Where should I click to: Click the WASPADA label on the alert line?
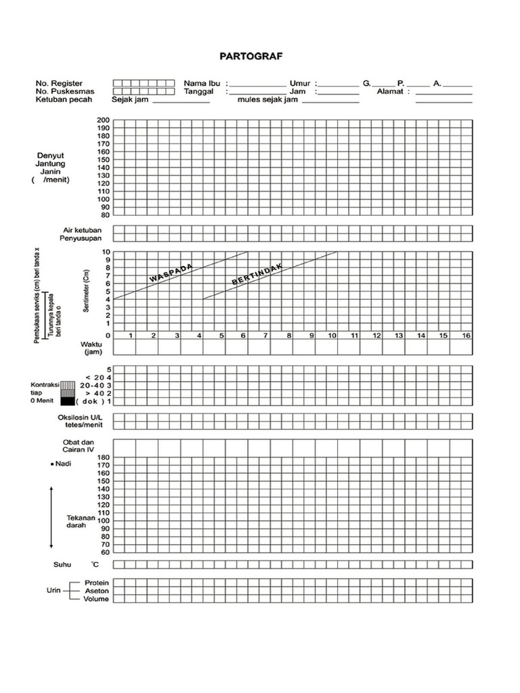171,273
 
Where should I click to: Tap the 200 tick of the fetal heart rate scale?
103,120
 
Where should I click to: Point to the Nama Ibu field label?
199,83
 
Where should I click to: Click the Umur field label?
299,83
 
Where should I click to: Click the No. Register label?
60,83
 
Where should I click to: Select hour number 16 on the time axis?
466,336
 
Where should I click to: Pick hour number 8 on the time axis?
289,336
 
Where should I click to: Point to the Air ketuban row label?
82,230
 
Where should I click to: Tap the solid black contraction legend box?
67,401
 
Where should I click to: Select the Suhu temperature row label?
62,564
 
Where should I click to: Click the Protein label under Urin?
97,583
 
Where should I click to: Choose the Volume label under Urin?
96,599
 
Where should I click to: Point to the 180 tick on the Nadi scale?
103,457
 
